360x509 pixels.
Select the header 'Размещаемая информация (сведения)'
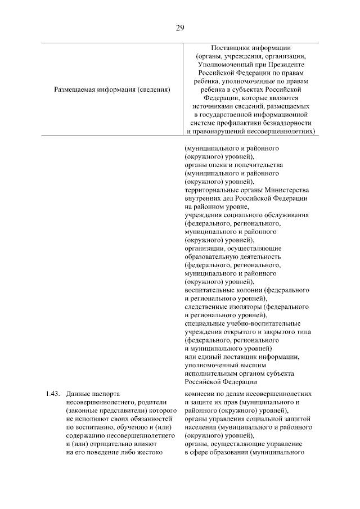coord(112,89)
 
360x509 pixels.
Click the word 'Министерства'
coord(282,190)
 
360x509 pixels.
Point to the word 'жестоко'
coord(150,452)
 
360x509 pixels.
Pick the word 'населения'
coord(200,427)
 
